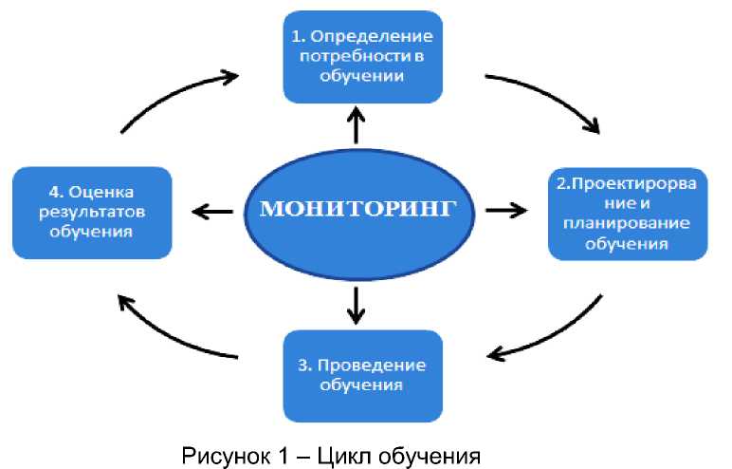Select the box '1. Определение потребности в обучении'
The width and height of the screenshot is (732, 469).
363,57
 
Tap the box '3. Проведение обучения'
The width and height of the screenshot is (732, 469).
363,376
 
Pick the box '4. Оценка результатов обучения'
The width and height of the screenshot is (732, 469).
92,213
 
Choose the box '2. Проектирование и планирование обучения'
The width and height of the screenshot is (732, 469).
628,213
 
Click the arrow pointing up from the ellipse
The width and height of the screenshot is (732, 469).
357,123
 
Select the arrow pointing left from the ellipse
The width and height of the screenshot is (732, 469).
212,211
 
